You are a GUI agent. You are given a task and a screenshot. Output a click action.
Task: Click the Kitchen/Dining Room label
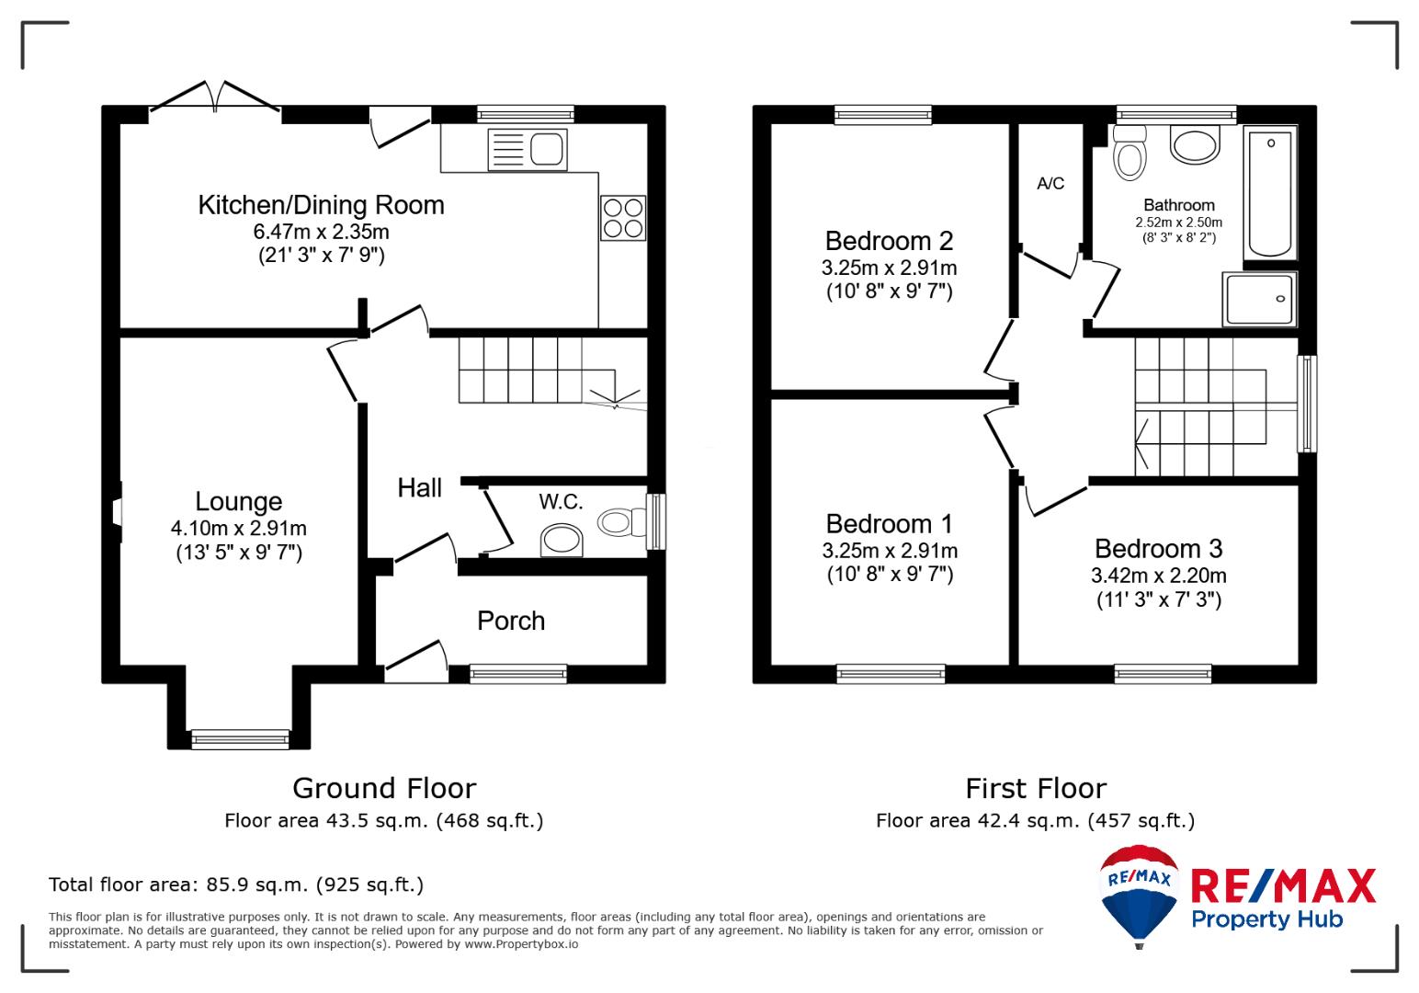(x=321, y=205)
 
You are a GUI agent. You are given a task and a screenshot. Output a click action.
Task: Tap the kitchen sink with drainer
(x=527, y=150)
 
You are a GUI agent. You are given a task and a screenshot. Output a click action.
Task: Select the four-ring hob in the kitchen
(x=623, y=218)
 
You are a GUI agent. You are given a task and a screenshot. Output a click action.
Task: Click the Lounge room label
(x=239, y=501)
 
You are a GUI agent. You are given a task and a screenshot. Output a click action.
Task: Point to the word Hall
(x=419, y=488)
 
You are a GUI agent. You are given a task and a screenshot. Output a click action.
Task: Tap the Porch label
(x=511, y=621)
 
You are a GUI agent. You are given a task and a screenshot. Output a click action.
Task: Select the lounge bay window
(x=240, y=739)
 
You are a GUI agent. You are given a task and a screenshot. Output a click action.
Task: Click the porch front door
(x=416, y=662)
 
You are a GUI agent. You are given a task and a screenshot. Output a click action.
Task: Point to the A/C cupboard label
(x=1050, y=184)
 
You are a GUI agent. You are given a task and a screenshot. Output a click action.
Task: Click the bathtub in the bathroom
(x=1270, y=193)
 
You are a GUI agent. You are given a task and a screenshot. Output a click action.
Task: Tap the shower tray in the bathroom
(x=1259, y=299)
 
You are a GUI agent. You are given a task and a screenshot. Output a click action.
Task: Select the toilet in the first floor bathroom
(x=1130, y=153)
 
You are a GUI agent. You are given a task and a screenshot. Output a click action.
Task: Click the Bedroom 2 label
(x=889, y=241)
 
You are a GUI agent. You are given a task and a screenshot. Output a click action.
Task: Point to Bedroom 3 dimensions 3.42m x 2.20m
(x=1159, y=576)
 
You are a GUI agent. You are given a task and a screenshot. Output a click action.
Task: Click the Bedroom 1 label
(x=890, y=524)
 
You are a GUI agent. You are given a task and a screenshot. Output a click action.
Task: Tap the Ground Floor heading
(x=384, y=788)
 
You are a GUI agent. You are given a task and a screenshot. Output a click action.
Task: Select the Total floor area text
(x=236, y=884)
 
